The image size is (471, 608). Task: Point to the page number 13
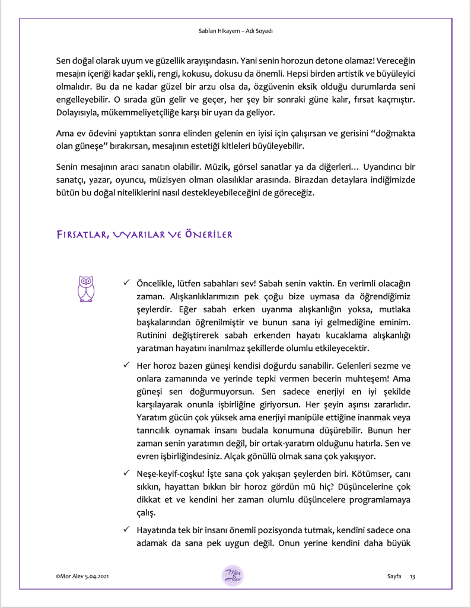413,577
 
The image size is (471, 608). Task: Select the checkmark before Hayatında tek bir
126,529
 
